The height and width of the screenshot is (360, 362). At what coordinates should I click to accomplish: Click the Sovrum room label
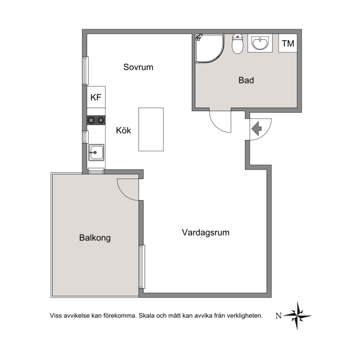(138, 67)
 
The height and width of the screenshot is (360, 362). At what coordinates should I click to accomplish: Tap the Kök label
(123, 130)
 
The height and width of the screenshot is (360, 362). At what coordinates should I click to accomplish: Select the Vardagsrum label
(205, 232)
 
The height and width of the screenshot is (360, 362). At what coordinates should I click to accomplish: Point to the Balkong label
(95, 238)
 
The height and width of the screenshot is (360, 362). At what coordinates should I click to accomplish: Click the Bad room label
(246, 81)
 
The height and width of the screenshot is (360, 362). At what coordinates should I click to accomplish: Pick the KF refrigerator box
(96, 97)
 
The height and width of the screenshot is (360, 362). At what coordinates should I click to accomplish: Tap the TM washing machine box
(288, 43)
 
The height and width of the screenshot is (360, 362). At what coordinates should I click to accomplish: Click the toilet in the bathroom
(238, 43)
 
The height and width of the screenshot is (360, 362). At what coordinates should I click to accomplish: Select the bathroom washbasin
(260, 43)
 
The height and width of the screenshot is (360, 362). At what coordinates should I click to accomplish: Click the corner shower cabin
(210, 48)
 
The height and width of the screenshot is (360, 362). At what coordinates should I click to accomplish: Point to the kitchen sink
(96, 152)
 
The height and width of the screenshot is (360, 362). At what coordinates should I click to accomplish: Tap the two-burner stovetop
(96, 120)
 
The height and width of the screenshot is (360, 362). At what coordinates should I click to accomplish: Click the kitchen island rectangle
(151, 129)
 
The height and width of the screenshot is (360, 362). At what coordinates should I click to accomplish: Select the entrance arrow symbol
(257, 129)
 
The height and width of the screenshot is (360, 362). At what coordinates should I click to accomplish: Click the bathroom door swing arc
(217, 127)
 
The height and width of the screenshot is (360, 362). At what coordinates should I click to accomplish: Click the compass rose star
(297, 316)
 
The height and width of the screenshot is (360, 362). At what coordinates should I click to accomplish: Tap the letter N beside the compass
(279, 316)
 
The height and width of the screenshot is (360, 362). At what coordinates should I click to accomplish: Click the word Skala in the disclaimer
(146, 316)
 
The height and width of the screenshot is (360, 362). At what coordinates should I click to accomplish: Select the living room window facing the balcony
(142, 266)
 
